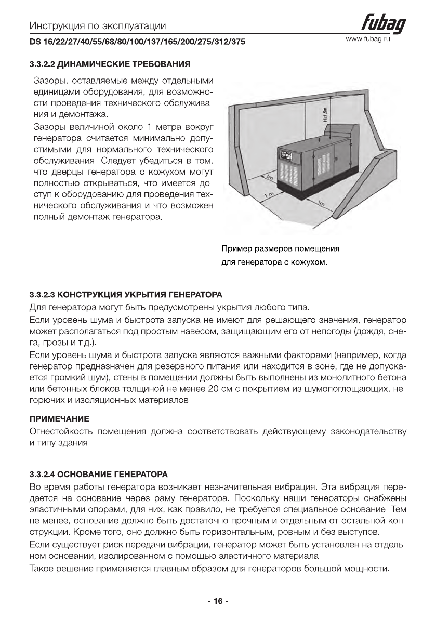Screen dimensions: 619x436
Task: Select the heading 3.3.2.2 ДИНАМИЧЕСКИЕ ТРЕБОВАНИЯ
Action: [109, 65]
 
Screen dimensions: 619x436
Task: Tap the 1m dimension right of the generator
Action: [321, 204]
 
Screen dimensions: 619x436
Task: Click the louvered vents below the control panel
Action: [290, 174]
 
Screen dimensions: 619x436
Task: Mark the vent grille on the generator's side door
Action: [317, 166]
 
